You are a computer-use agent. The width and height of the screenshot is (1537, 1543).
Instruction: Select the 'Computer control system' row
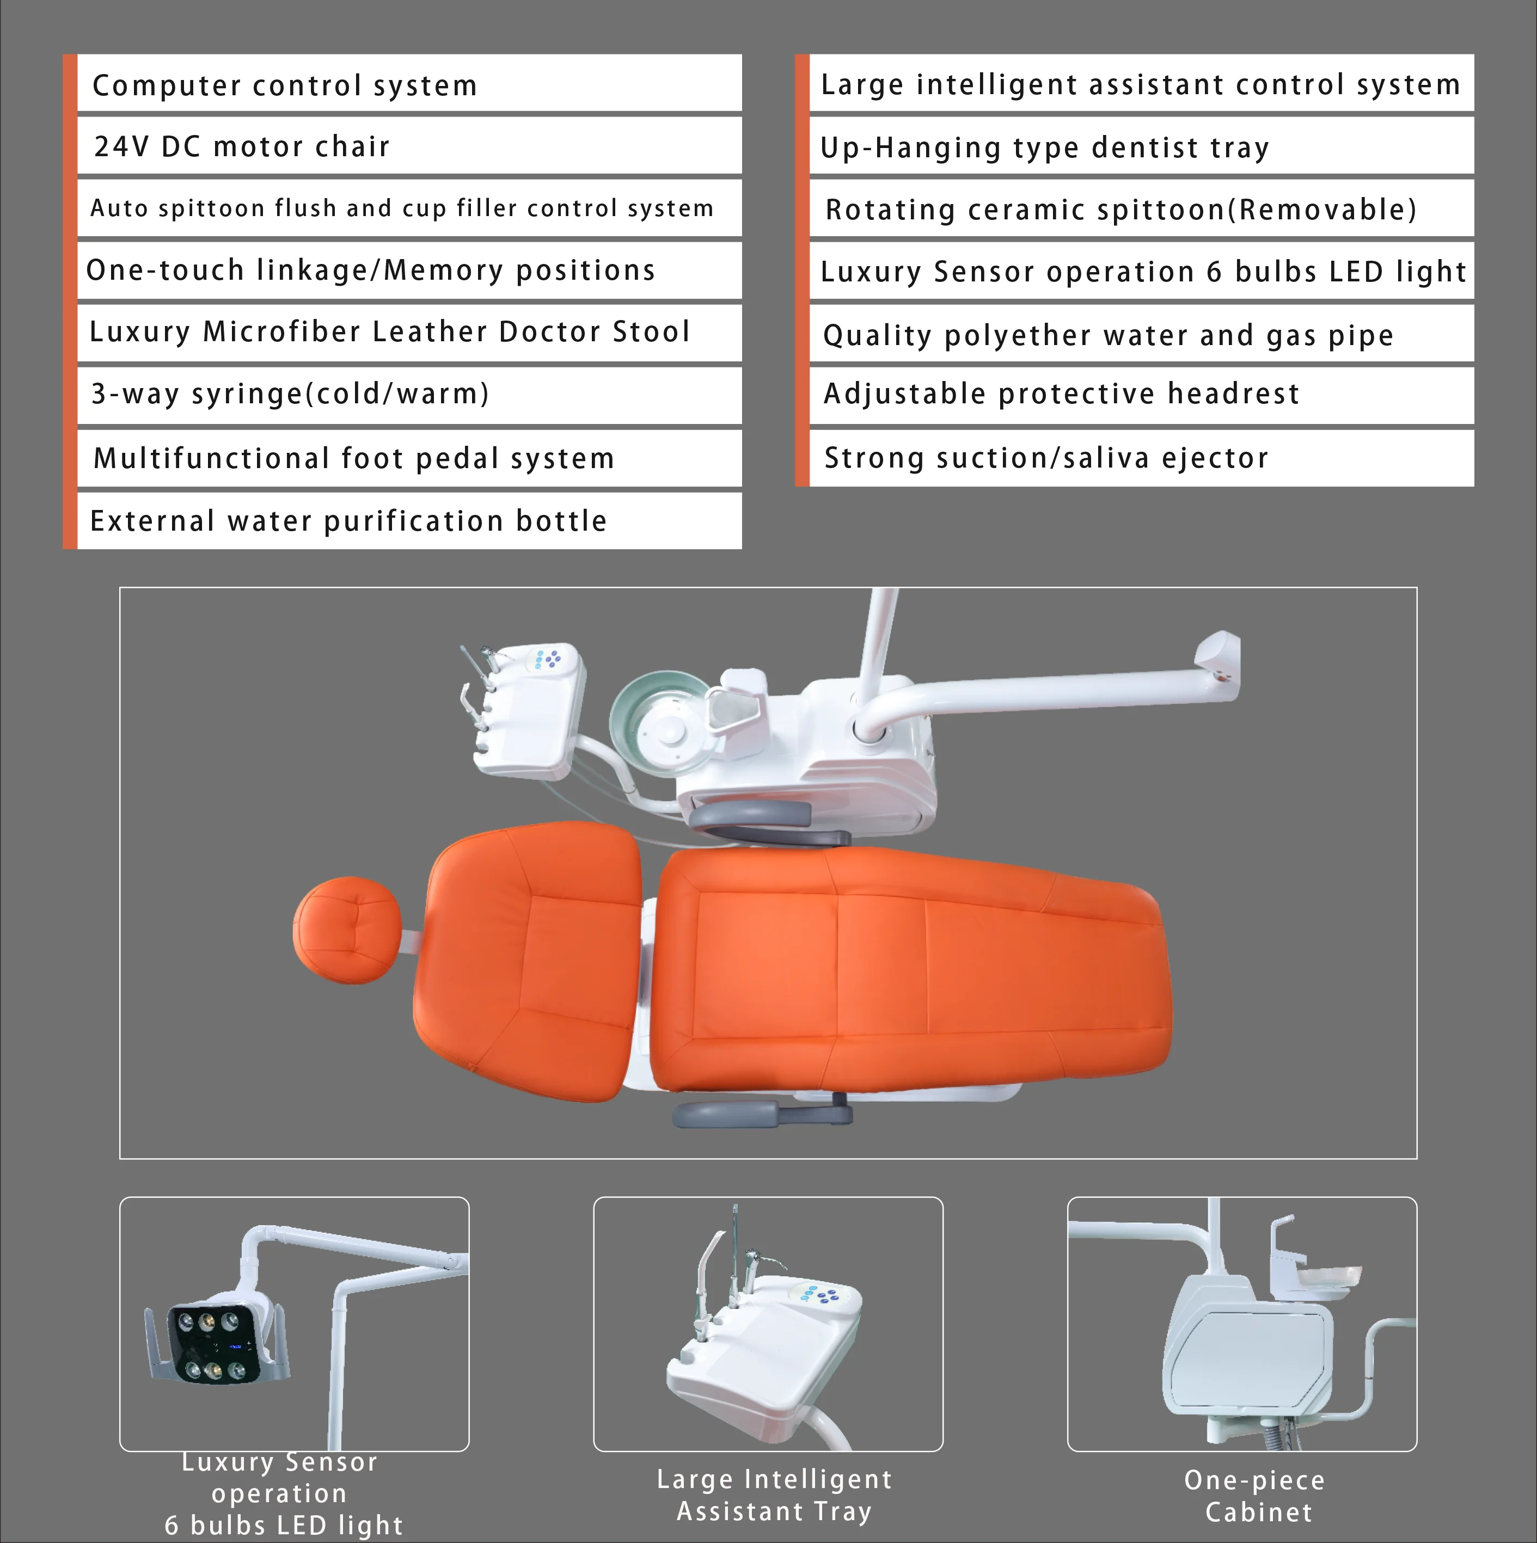[284, 85]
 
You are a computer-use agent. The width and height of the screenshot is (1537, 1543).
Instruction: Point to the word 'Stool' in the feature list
[651, 331]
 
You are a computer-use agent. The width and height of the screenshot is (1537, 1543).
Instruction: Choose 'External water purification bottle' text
[348, 521]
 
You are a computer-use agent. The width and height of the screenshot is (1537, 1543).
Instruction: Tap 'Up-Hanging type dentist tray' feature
[1044, 147]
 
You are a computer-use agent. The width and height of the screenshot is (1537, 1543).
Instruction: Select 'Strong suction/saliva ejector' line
[1046, 458]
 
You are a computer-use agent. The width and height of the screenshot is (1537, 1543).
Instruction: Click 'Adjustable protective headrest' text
[1061, 394]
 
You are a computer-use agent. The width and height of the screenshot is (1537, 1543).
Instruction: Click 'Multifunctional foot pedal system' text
[353, 458]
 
